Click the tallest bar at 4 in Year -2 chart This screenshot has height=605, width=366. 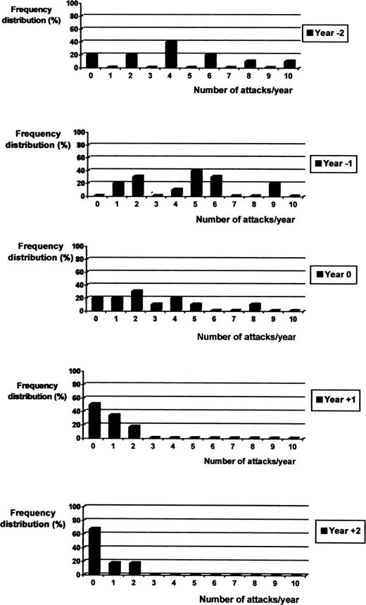pos(171,54)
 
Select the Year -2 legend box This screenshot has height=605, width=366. pos(325,33)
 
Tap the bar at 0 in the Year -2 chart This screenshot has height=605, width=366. pos(92,60)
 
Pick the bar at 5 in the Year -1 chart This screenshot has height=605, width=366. pos(196,182)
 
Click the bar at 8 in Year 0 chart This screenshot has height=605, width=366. pos(255,306)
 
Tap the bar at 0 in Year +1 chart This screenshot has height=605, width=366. pos(94,420)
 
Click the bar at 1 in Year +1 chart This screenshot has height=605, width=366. pos(114,425)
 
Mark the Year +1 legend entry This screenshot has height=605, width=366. pos(336,400)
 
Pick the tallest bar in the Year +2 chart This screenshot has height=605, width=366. pos(94,551)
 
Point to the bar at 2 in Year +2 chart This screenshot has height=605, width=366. pos(134,568)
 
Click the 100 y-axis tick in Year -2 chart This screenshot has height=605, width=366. pos(75,4)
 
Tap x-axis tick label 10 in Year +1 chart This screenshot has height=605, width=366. pos(293,447)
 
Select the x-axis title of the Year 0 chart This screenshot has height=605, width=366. pos(246,337)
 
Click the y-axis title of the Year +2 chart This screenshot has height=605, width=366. pos(32,518)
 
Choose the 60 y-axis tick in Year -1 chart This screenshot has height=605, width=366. pos(82,158)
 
